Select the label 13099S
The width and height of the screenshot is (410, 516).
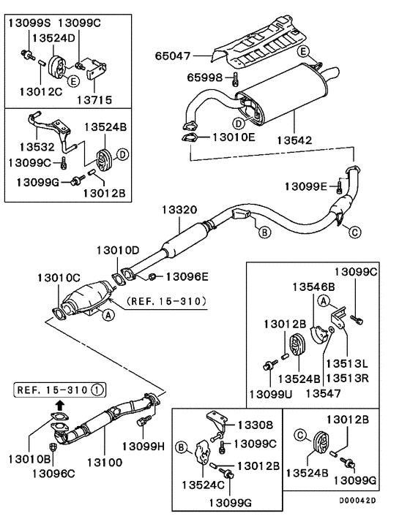[x=29, y=23]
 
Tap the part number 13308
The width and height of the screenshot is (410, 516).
[x=253, y=425]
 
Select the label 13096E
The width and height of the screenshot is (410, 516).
[x=186, y=276]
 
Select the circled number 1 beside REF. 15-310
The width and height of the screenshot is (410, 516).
[x=97, y=389]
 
